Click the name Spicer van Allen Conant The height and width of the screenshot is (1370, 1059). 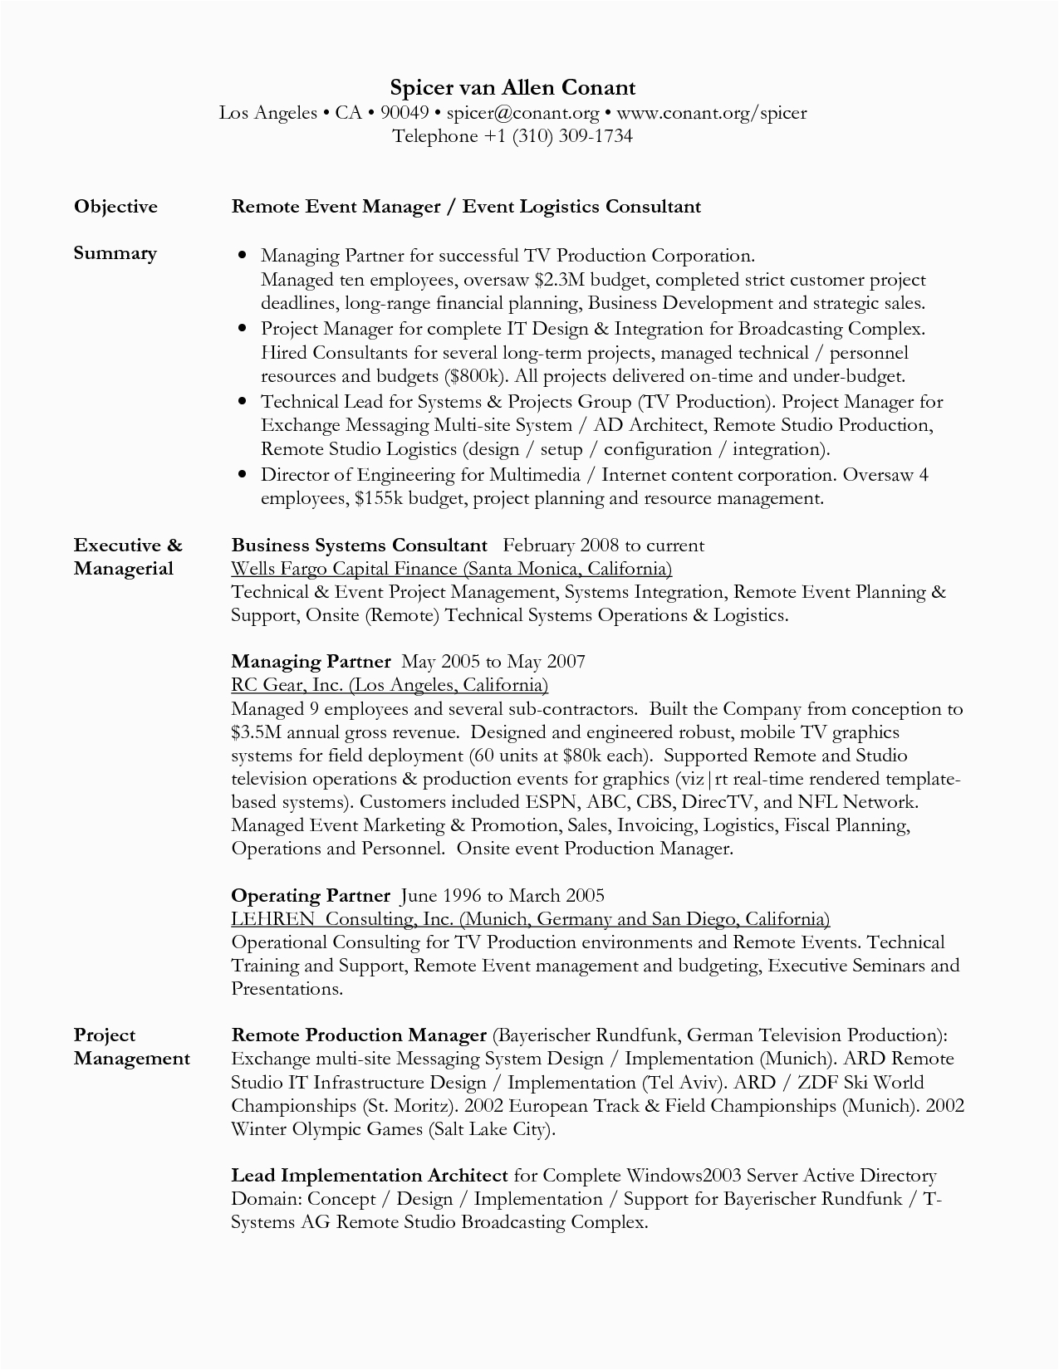[x=512, y=88]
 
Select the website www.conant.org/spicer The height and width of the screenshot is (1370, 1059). [x=711, y=113]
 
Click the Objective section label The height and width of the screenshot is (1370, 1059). [x=115, y=207]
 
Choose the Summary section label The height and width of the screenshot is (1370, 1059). [x=115, y=253]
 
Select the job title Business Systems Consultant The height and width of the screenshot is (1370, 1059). [x=359, y=546]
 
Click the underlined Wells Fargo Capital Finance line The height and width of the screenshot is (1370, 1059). [x=451, y=569]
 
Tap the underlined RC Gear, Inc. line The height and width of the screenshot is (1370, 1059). [x=390, y=685]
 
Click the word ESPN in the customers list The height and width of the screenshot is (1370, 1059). [x=552, y=802]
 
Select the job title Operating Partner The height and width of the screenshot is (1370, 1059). [x=310, y=896]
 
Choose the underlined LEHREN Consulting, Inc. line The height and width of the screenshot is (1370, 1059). [x=530, y=919]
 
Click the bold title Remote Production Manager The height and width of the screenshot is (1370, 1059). [x=358, y=1035]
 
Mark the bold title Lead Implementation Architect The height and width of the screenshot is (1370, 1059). [x=369, y=1176]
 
